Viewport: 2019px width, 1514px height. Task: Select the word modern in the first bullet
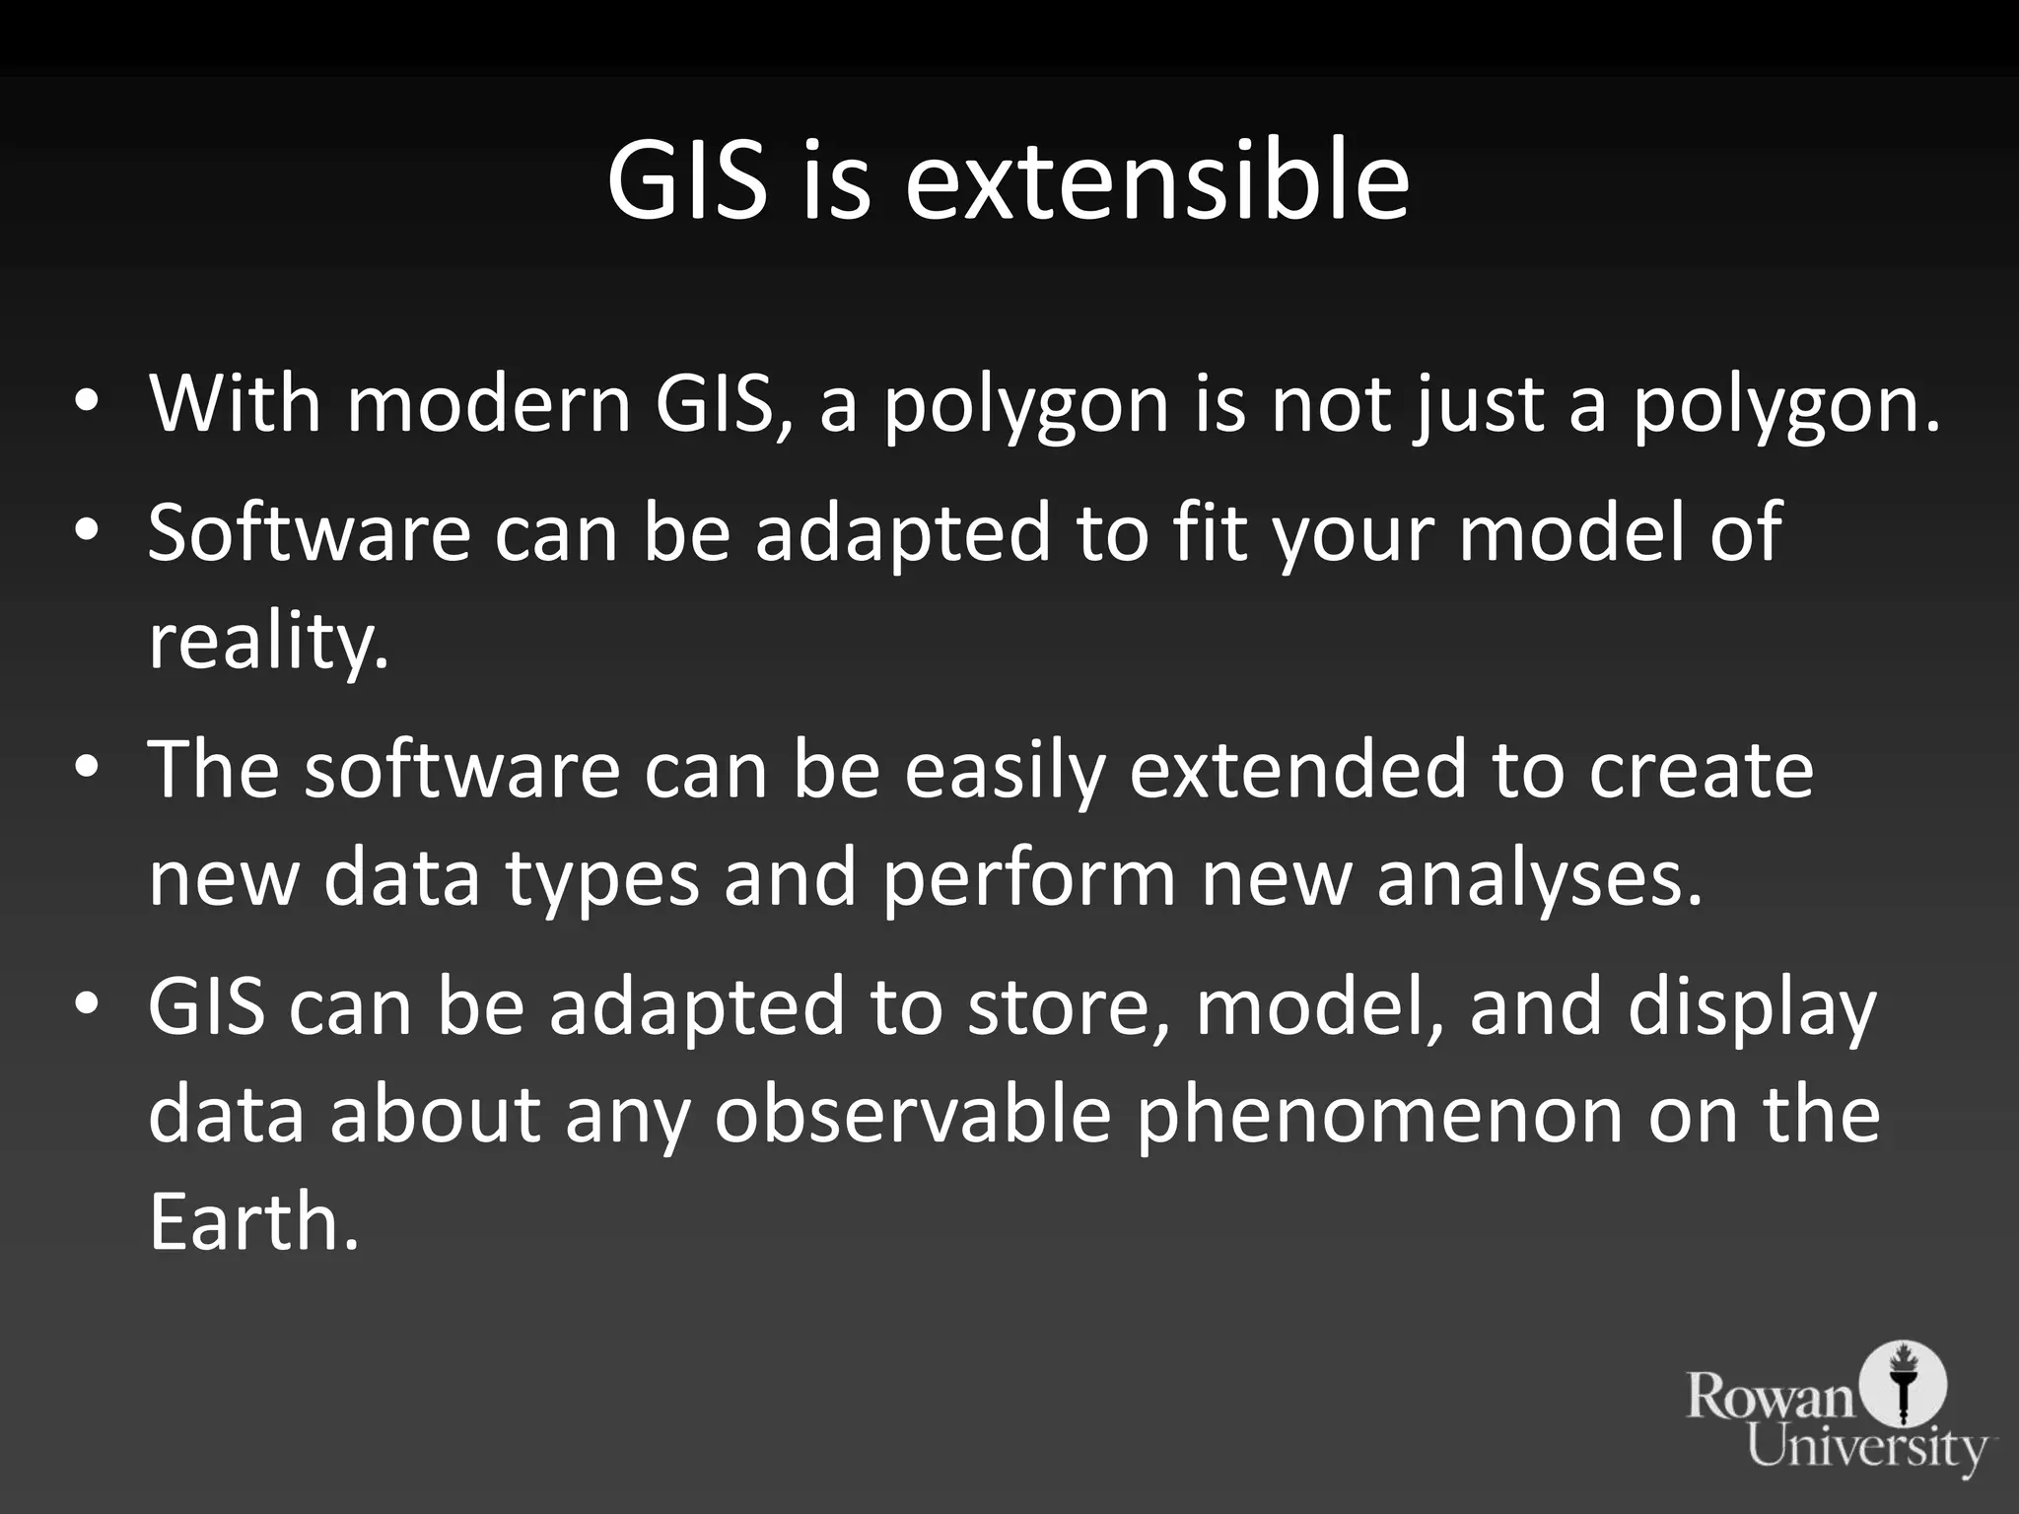tap(488, 403)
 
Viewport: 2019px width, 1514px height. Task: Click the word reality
tap(268, 642)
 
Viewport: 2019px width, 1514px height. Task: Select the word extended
tap(1297, 770)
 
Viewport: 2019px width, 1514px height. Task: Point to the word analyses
tap(1539, 877)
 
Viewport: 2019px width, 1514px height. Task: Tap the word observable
tap(912, 1115)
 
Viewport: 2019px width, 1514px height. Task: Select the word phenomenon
tap(1379, 1115)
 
